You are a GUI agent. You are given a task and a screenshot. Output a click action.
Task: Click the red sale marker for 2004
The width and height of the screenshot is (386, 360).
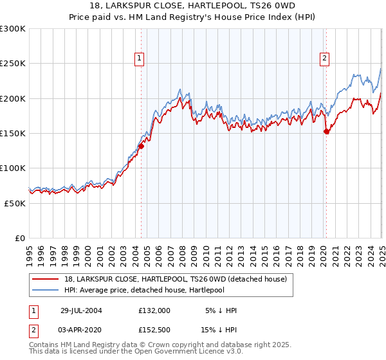coord(142,146)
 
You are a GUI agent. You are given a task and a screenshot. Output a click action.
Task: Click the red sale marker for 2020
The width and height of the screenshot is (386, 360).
coord(326,132)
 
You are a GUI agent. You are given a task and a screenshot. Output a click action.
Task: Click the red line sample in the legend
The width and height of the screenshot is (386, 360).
coord(46,279)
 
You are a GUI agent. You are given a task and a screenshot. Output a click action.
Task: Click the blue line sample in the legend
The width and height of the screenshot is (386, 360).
coord(46,290)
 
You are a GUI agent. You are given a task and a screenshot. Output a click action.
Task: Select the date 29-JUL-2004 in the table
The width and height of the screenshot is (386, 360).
coord(81,310)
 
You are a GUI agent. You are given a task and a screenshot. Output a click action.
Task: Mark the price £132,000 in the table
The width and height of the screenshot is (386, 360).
coord(154,310)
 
